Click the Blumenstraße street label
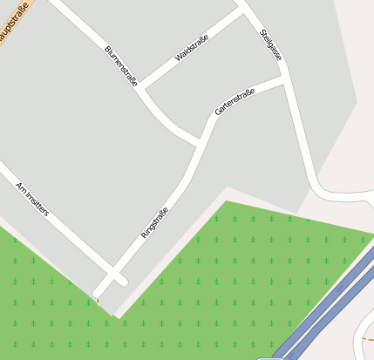[x=121, y=65]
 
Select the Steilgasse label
[x=271, y=44]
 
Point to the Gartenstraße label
[x=235, y=102]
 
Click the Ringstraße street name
[x=154, y=223]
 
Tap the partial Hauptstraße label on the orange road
[x=12, y=18]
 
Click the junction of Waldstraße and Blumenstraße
[x=141, y=88]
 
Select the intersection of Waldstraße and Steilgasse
[x=243, y=12]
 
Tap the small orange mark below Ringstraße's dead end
[x=97, y=302]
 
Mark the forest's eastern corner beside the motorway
[x=371, y=236]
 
